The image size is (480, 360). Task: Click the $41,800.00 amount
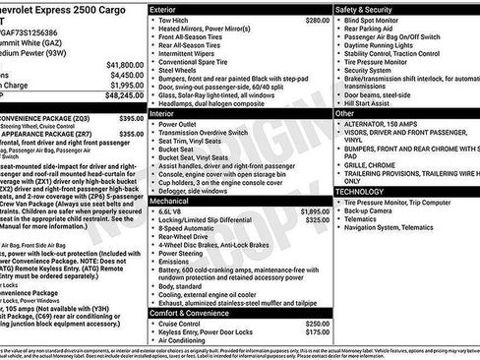(127, 64)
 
